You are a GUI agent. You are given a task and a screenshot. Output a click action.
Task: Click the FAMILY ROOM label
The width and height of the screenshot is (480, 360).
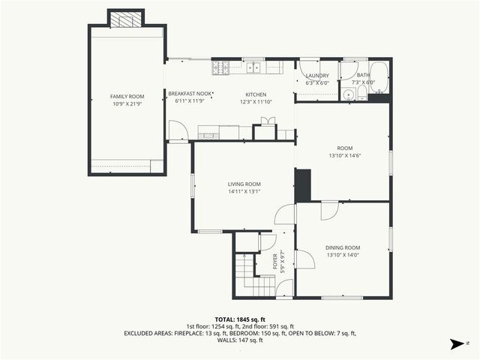click(127, 97)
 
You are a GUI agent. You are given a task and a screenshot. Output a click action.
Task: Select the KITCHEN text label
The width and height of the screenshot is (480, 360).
click(256, 94)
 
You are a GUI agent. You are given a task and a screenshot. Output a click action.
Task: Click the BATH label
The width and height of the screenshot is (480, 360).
click(363, 75)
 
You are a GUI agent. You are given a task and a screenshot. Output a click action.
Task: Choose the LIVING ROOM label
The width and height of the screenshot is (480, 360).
click(244, 184)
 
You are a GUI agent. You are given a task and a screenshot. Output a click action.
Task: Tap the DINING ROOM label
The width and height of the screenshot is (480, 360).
click(343, 247)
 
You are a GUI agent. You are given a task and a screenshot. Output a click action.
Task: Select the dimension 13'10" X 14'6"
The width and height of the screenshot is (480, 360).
click(344, 156)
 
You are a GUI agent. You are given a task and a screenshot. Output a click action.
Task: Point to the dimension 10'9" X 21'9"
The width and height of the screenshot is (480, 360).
click(127, 103)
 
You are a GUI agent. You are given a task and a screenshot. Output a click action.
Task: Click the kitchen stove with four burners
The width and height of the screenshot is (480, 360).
click(220, 68)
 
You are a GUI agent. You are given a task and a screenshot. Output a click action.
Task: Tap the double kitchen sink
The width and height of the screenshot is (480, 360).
click(253, 68)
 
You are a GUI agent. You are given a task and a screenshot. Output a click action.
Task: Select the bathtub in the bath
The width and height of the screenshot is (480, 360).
click(379, 77)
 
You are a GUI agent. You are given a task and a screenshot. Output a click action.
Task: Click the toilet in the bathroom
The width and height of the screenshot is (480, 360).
click(361, 93)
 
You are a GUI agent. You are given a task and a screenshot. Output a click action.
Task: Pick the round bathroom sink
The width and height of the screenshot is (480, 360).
click(347, 94)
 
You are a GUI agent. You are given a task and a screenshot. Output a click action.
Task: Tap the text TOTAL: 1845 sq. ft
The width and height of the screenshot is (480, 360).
click(239, 319)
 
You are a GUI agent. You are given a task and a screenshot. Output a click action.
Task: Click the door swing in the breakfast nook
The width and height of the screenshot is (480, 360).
click(177, 131)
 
